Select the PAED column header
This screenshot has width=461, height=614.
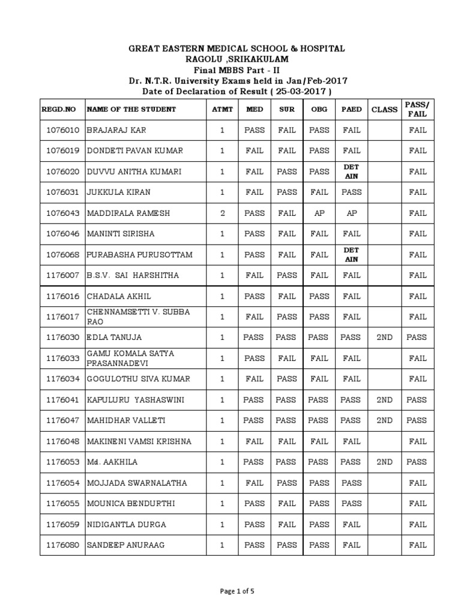point(351,109)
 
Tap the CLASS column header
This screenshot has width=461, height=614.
point(384,109)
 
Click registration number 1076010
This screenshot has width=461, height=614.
point(62,130)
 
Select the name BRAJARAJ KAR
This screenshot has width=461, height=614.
point(117,130)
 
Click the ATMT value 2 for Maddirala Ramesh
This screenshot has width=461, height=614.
point(221,213)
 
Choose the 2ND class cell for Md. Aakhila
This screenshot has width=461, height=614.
point(384,462)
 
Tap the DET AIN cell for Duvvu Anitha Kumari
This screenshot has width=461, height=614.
point(351,171)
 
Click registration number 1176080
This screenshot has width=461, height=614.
point(62,545)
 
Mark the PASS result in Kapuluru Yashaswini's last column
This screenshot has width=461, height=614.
point(417,400)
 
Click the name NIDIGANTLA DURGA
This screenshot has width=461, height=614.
point(127,525)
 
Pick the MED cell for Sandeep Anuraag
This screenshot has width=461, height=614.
point(255,545)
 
